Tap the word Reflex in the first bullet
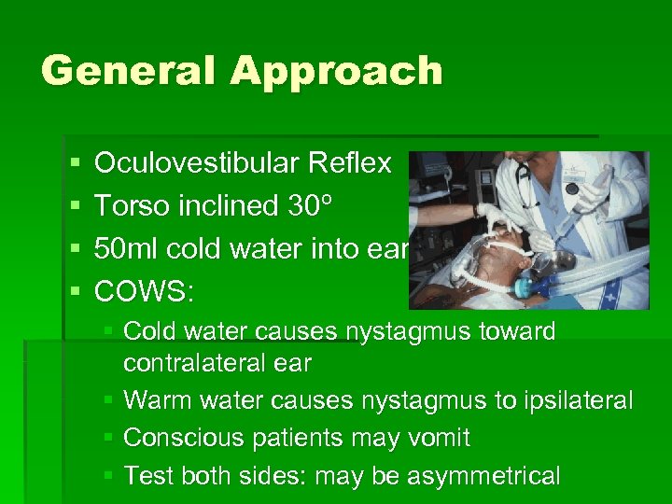tap(350, 163)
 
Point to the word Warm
tap(152, 401)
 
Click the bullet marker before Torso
tap(73, 206)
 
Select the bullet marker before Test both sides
tap(108, 476)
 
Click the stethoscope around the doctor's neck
tap(527, 187)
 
